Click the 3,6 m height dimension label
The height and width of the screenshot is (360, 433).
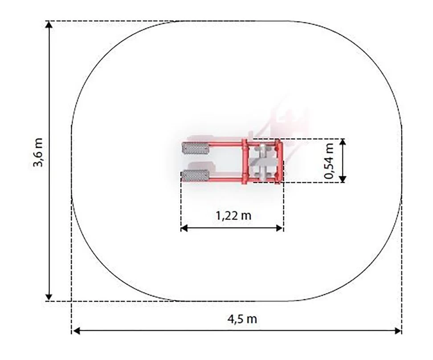(x=38, y=152)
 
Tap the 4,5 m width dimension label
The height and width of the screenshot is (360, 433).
(x=242, y=319)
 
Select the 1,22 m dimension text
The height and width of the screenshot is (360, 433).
(x=233, y=215)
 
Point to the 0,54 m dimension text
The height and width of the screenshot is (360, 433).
(x=329, y=162)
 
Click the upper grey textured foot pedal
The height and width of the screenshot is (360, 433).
(x=196, y=149)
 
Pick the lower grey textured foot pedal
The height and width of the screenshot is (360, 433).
(x=195, y=176)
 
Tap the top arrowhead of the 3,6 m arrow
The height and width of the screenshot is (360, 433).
(x=49, y=24)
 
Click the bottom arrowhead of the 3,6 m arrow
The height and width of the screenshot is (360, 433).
(x=49, y=297)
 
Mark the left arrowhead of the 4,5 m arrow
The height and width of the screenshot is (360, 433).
(x=76, y=331)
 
